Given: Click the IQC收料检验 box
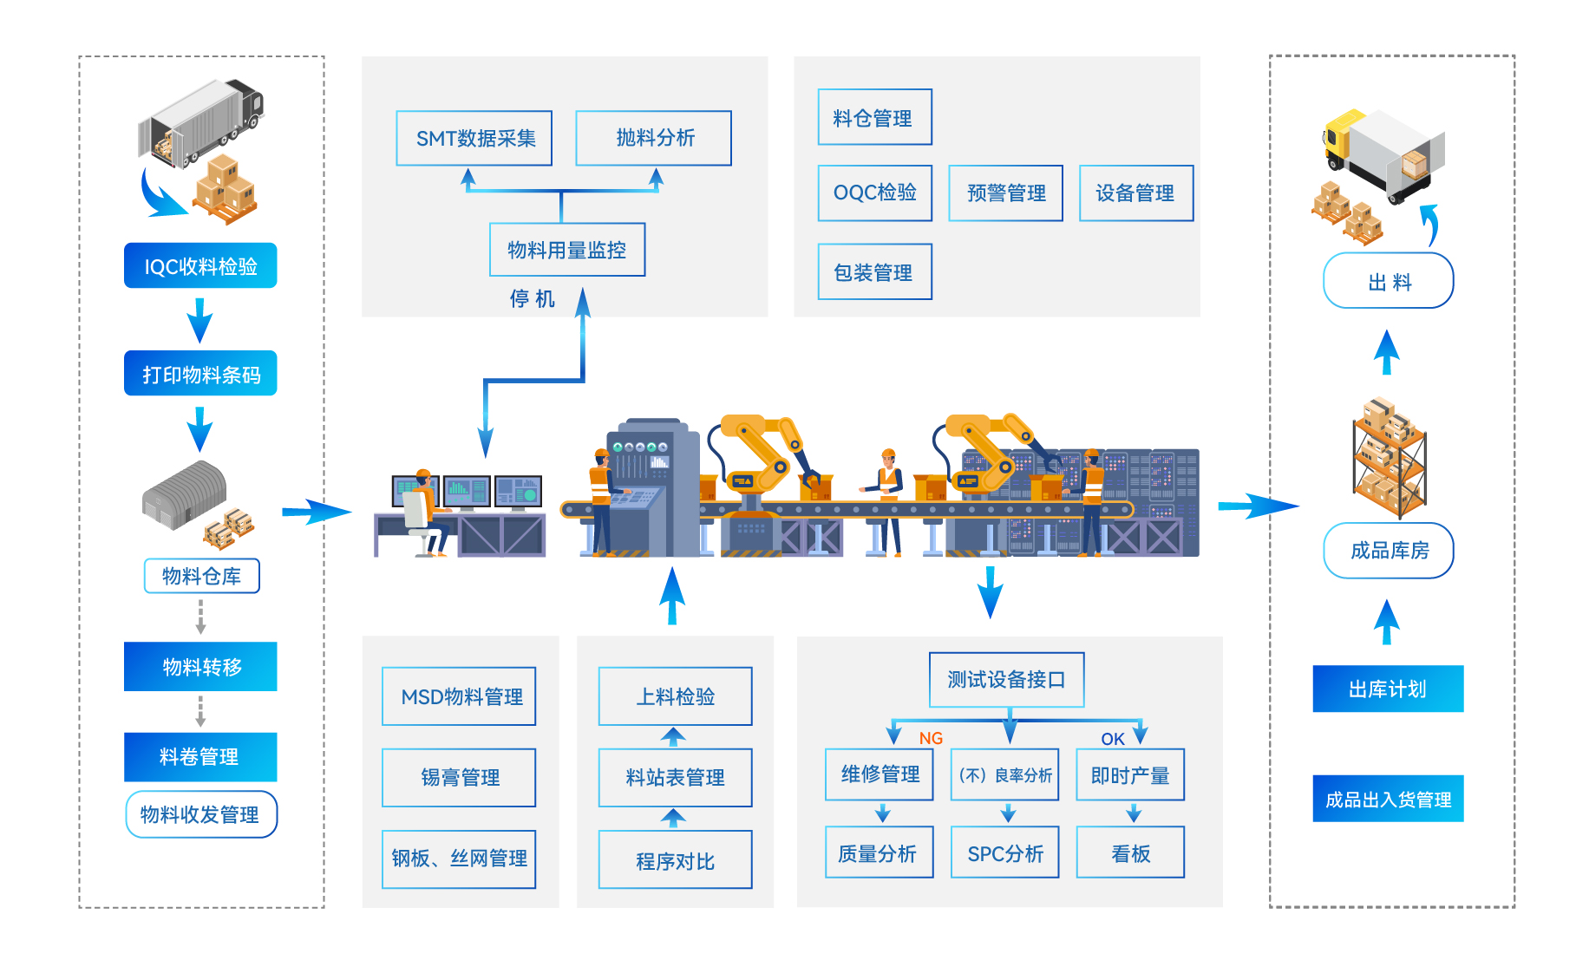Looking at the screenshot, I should (200, 265).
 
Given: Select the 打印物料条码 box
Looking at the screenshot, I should (200, 374).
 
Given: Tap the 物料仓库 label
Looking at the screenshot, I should (201, 576).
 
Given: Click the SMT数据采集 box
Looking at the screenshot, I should (474, 138).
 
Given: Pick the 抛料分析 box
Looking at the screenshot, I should (654, 138).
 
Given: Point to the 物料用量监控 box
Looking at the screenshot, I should (567, 250).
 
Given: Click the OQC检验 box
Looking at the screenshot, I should (875, 193).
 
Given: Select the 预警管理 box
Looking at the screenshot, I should (1006, 193).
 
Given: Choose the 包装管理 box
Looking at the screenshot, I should (874, 272).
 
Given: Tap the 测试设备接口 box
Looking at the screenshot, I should (1006, 680).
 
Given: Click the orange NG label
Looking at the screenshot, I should (931, 738).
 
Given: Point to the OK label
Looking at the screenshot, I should (1113, 739).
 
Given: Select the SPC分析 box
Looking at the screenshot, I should (1005, 853).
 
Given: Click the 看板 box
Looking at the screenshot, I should (1130, 853).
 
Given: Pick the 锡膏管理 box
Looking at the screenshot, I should (459, 777).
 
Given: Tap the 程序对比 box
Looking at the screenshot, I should (675, 860).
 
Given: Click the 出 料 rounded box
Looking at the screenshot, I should (1389, 281).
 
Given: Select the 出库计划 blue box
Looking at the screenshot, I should (1388, 689).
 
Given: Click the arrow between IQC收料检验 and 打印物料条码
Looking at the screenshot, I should (200, 320).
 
